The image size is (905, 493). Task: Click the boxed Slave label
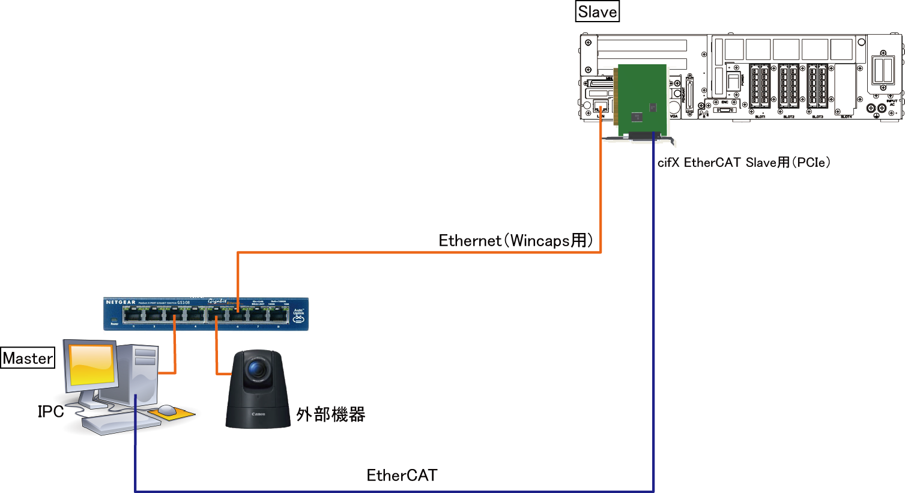click(x=597, y=12)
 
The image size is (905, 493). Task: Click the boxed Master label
click(x=28, y=358)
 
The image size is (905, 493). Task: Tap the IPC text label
click(x=50, y=411)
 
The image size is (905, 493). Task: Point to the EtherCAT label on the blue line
click(x=402, y=475)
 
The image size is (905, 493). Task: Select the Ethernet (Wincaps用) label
click(x=516, y=240)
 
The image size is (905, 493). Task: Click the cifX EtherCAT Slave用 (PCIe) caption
click(x=743, y=162)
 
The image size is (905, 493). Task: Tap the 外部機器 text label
click(x=330, y=414)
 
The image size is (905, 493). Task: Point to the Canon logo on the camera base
click(x=258, y=414)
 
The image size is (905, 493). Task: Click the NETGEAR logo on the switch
click(x=121, y=302)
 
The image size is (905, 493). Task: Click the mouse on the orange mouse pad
click(x=166, y=410)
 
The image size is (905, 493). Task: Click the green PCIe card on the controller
click(x=642, y=100)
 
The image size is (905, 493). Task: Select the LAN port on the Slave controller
click(x=600, y=107)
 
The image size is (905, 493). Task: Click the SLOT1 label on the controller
click(x=760, y=116)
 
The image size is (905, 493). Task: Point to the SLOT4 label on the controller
click(x=846, y=116)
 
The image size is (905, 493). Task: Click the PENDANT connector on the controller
click(x=689, y=94)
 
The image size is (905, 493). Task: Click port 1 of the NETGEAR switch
click(x=133, y=315)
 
